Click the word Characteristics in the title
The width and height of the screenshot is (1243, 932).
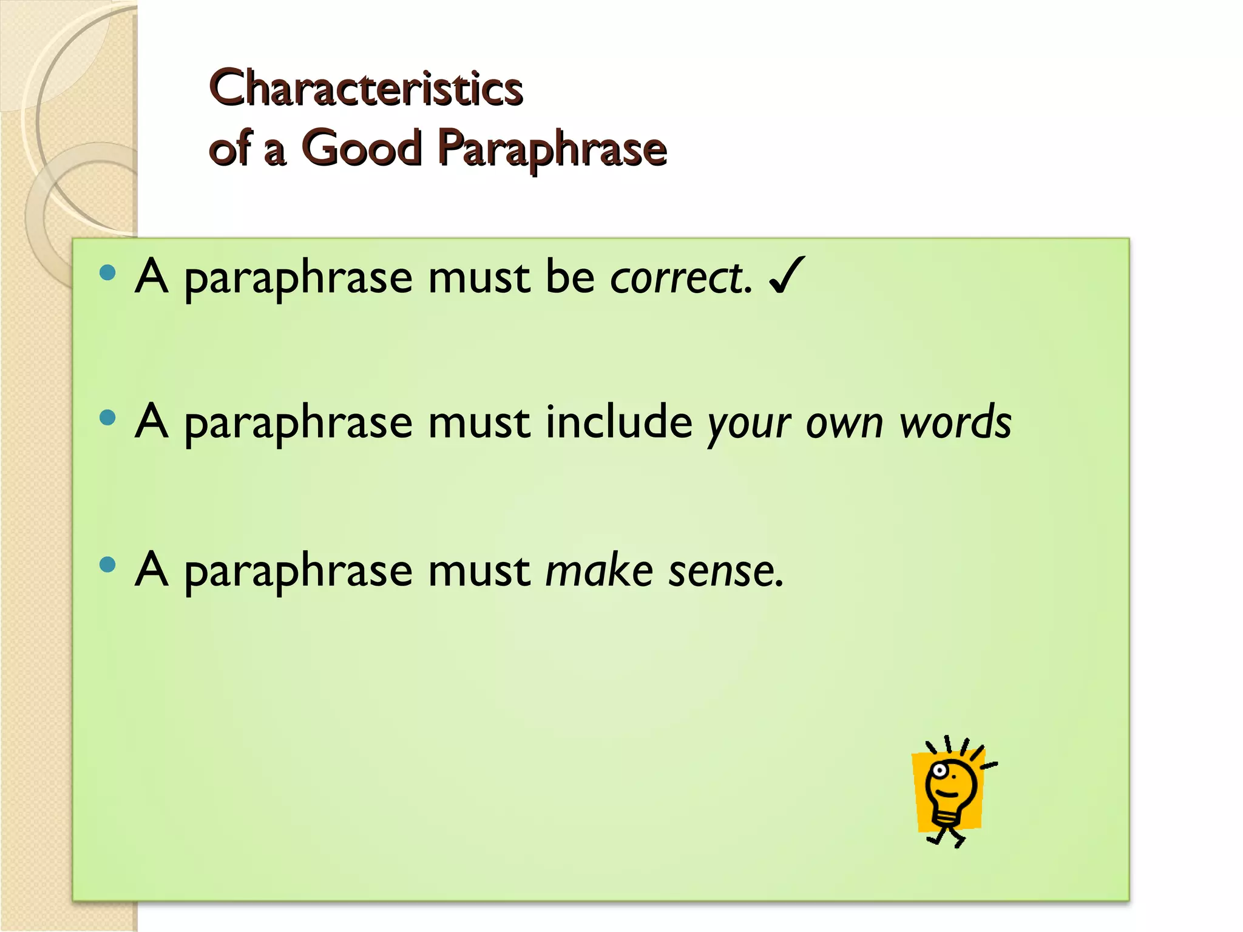365,89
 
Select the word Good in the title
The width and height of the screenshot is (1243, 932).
362,148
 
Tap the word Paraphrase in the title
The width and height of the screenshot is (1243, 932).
552,149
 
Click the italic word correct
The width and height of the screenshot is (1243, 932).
680,278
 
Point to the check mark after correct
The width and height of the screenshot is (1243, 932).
787,275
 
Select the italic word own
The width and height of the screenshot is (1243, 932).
844,424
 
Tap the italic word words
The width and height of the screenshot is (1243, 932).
955,422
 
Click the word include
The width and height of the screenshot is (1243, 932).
619,422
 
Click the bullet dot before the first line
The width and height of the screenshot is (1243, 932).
107,272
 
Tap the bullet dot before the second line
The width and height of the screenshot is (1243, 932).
107,417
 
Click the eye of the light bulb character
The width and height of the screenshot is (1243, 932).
940,771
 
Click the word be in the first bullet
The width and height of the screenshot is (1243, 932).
570,278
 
